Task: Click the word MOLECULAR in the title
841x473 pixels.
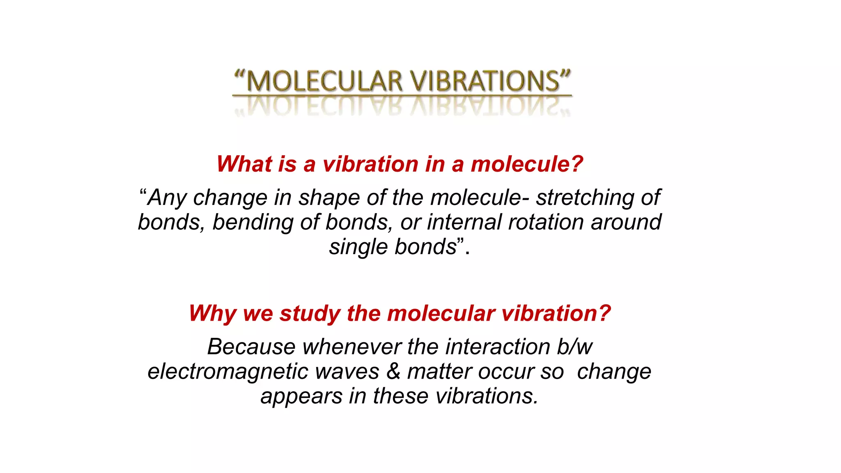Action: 324,81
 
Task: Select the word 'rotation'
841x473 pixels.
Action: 546,222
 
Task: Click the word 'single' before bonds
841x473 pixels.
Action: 358,247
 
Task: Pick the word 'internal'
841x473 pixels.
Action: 464,222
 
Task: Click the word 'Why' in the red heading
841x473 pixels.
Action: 212,314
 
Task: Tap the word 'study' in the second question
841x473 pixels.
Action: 310,314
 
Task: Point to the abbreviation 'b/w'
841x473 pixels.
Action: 574,347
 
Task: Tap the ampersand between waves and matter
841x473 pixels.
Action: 393,372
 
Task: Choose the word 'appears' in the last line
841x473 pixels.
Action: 301,397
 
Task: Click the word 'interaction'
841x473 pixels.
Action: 497,347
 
